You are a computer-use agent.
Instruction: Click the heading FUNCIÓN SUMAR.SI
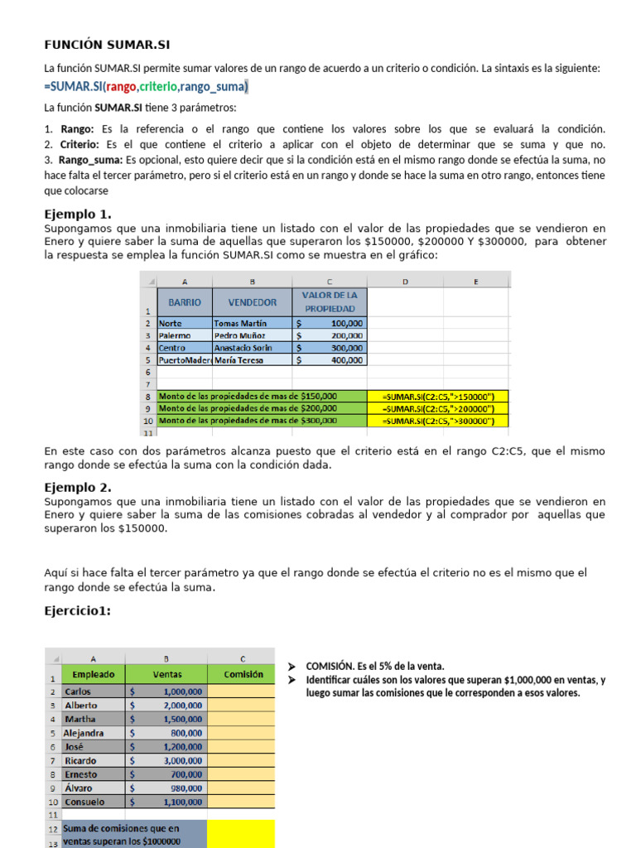point(106,45)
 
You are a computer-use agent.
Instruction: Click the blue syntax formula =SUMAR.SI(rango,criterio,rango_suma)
point(146,87)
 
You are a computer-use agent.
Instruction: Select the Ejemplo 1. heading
point(77,214)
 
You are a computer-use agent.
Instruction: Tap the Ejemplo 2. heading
point(77,487)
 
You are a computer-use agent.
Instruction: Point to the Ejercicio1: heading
point(77,611)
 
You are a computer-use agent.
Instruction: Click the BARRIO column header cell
point(185,302)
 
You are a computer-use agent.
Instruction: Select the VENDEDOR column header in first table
point(252,302)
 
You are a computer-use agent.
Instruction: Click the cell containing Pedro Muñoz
point(240,335)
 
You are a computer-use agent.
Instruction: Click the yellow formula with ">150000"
point(439,396)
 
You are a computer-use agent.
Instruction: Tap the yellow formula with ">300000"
point(439,421)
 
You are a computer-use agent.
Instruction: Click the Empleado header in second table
point(94,675)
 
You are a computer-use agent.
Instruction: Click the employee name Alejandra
point(84,733)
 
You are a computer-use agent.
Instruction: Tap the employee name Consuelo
point(84,802)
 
